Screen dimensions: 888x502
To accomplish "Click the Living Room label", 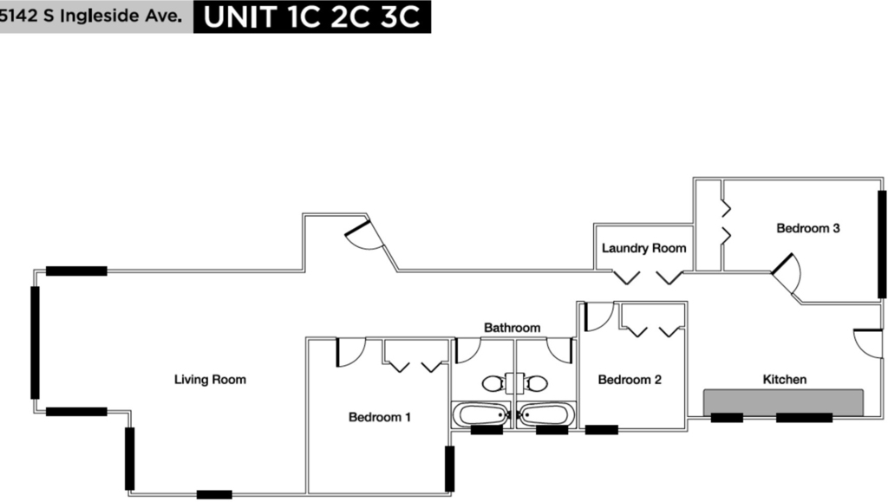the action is coord(210,379).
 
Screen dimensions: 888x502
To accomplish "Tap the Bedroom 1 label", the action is coord(380,417).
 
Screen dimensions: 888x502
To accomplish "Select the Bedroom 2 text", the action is coord(630,379).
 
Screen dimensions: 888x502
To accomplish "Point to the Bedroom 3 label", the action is coord(808,228).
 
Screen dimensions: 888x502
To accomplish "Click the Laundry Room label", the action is coord(644,248).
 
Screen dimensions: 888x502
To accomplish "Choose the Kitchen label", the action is coord(784,379).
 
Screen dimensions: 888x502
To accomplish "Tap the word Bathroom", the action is coord(512,328).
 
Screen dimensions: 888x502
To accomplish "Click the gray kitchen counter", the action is coord(783,402).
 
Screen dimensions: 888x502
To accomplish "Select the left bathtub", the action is coord(481,414).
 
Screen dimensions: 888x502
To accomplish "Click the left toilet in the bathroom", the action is coord(493,384).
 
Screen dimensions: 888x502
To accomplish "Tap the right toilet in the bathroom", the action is coord(535,384).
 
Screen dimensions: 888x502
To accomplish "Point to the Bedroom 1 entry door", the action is coord(351,352).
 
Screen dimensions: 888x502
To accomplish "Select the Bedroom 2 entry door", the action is coord(599,316).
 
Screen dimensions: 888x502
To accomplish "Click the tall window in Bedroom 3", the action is coord(882,244).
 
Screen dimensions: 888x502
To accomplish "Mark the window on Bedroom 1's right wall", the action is coord(449,468).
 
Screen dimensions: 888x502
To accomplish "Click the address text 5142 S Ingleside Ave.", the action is coord(90,16).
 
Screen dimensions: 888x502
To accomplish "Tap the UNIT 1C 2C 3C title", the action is coord(312,17).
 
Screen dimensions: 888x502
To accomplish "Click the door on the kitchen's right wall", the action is coord(868,343).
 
